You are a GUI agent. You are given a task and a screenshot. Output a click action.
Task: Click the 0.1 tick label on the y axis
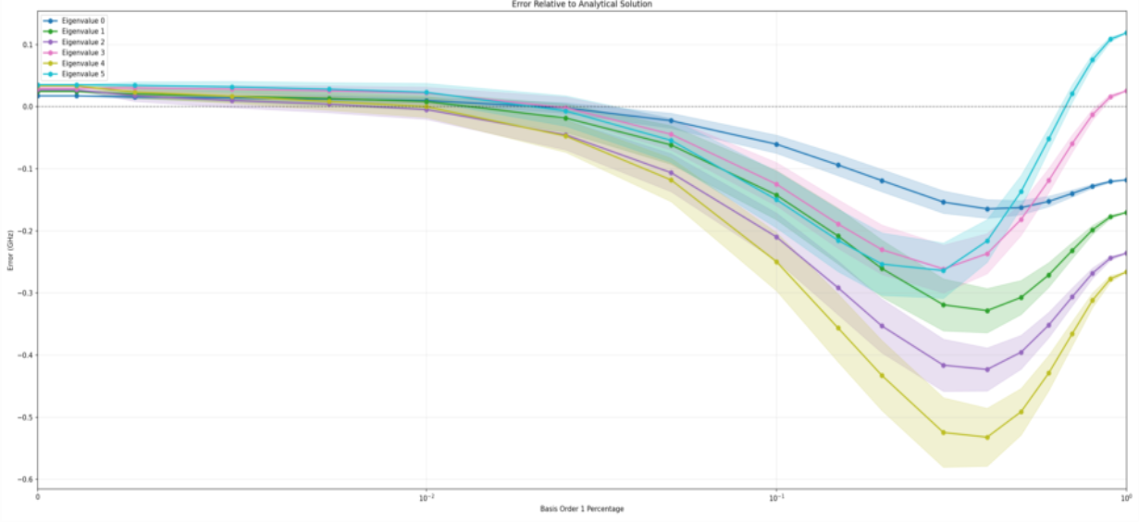[x=27, y=44]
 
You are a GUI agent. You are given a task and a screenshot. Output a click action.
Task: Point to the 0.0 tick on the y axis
[x=27, y=106]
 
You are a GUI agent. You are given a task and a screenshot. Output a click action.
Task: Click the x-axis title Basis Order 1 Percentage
[x=581, y=509]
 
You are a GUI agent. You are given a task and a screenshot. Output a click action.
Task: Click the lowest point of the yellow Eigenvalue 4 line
[x=987, y=437]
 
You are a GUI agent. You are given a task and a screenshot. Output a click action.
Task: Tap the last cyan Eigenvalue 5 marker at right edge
[x=1126, y=33]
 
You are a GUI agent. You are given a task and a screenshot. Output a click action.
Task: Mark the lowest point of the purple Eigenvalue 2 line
[x=987, y=369]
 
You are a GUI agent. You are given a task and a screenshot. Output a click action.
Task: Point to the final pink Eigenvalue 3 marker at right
[x=1126, y=91]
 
